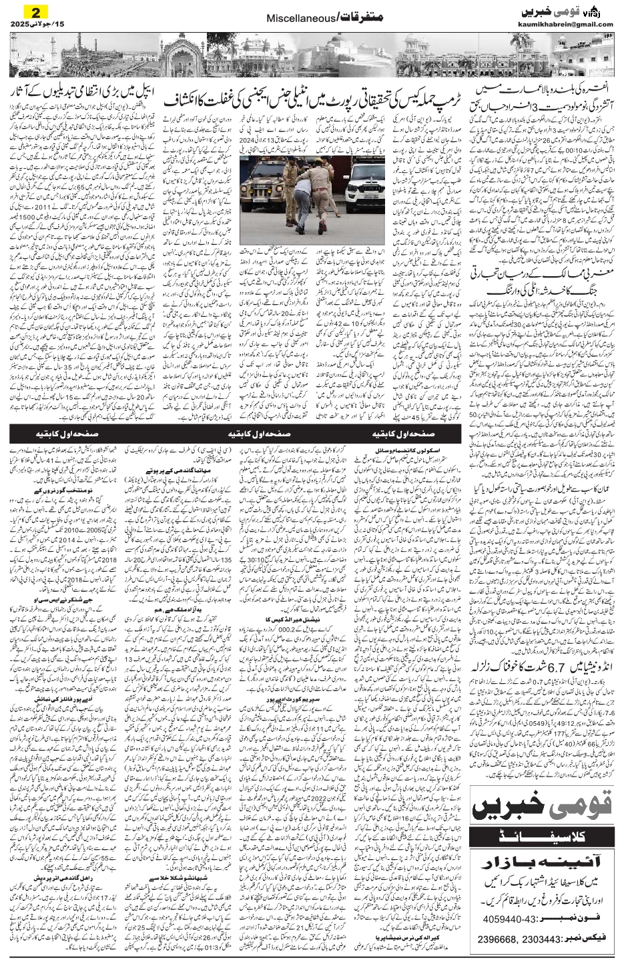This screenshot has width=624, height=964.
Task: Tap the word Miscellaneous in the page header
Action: [296, 19]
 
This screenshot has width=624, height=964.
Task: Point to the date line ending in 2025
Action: [30, 25]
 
